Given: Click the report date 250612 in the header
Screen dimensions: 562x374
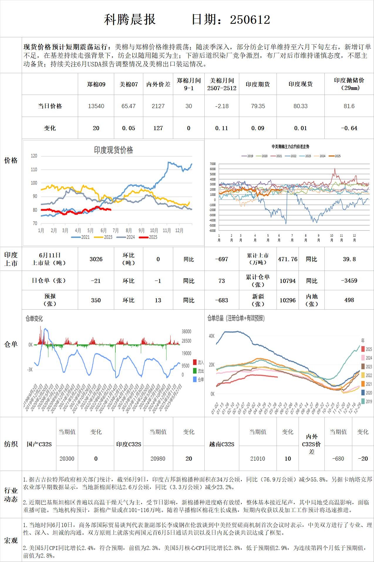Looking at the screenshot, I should [250, 20].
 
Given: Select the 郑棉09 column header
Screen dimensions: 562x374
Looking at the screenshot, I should [96, 84].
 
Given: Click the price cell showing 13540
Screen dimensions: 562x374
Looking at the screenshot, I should [96, 106].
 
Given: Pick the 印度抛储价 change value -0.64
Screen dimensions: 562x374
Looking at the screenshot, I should [349, 128].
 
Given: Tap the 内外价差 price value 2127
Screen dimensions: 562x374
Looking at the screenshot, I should [158, 106].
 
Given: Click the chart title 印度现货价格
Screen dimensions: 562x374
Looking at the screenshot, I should [113, 150].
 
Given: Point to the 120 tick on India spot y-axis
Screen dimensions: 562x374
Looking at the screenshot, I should [34, 156].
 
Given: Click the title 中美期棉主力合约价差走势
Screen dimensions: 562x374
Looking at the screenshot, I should [290, 146].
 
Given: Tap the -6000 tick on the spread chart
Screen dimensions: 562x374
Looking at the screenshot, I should [212, 231].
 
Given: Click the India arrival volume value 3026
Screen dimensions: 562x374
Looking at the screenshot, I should [96, 259].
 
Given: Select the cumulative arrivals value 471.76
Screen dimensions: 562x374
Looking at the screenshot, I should [288, 259].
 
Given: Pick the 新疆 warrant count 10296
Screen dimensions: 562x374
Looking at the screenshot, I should [288, 300].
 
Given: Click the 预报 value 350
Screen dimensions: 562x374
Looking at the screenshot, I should [96, 300].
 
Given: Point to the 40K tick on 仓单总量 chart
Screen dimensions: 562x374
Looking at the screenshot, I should [212, 336].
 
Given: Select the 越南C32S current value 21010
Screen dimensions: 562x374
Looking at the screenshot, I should [258, 459].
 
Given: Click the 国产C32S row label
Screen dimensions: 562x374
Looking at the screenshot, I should [39, 444].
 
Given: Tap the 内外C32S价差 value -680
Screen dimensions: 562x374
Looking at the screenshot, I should [338, 459].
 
